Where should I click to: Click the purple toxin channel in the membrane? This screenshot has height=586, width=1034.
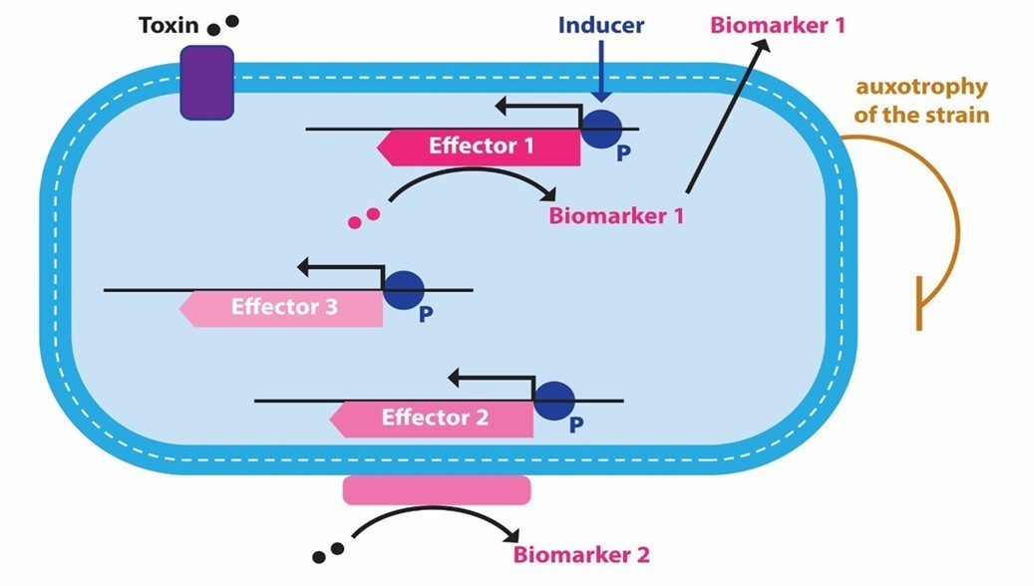[x=206, y=83]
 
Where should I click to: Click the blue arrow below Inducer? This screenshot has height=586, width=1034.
[x=599, y=75]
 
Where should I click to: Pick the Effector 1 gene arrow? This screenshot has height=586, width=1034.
[x=479, y=146]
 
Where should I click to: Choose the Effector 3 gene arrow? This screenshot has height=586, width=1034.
[x=281, y=307]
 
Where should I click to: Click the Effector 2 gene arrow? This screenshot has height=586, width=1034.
[x=432, y=418]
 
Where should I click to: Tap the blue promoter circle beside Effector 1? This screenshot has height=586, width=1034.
[x=601, y=129]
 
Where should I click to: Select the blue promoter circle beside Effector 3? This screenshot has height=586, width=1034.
[x=404, y=290]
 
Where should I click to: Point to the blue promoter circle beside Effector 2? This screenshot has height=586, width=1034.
[x=554, y=401]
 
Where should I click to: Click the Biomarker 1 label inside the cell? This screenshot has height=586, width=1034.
[x=615, y=214]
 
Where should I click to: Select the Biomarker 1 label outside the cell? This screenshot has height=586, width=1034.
[x=777, y=25]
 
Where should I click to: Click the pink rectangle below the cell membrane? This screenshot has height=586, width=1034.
[x=437, y=489]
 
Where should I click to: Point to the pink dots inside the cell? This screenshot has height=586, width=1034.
[x=364, y=216]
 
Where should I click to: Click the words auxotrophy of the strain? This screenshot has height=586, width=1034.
[x=921, y=101]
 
